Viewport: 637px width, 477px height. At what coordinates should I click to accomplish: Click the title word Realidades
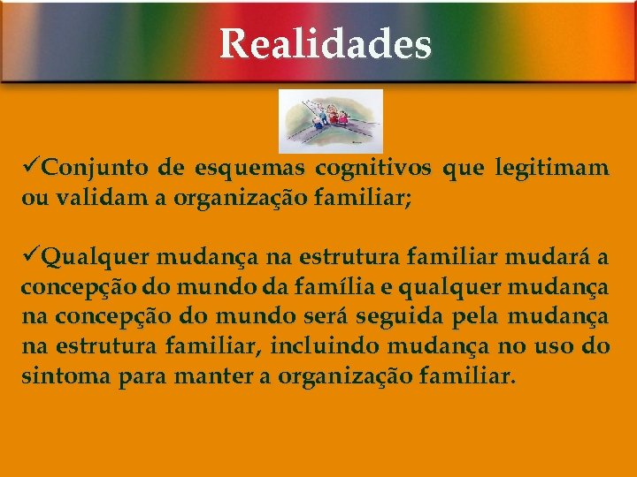pos(325,43)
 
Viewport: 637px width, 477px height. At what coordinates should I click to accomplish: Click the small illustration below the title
pos(331,120)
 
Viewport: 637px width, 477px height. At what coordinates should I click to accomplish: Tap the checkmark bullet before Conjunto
pos(31,167)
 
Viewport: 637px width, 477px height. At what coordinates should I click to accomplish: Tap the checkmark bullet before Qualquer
pos(31,257)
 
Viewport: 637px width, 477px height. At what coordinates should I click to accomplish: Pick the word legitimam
pos(553,168)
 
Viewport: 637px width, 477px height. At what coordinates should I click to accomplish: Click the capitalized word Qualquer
pos(98,258)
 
